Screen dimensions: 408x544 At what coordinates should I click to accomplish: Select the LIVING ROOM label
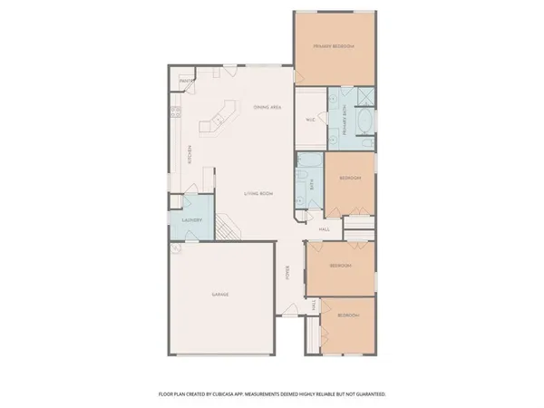(258, 194)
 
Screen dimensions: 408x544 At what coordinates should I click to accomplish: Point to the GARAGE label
(220, 295)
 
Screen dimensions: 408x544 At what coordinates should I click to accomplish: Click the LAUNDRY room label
(191, 220)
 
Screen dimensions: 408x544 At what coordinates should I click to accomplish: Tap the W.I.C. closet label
(310, 119)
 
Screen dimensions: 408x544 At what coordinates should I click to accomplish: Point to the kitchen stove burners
(174, 114)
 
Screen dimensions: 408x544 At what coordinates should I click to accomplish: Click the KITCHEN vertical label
(189, 156)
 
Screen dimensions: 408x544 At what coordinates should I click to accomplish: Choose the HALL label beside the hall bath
(324, 229)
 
